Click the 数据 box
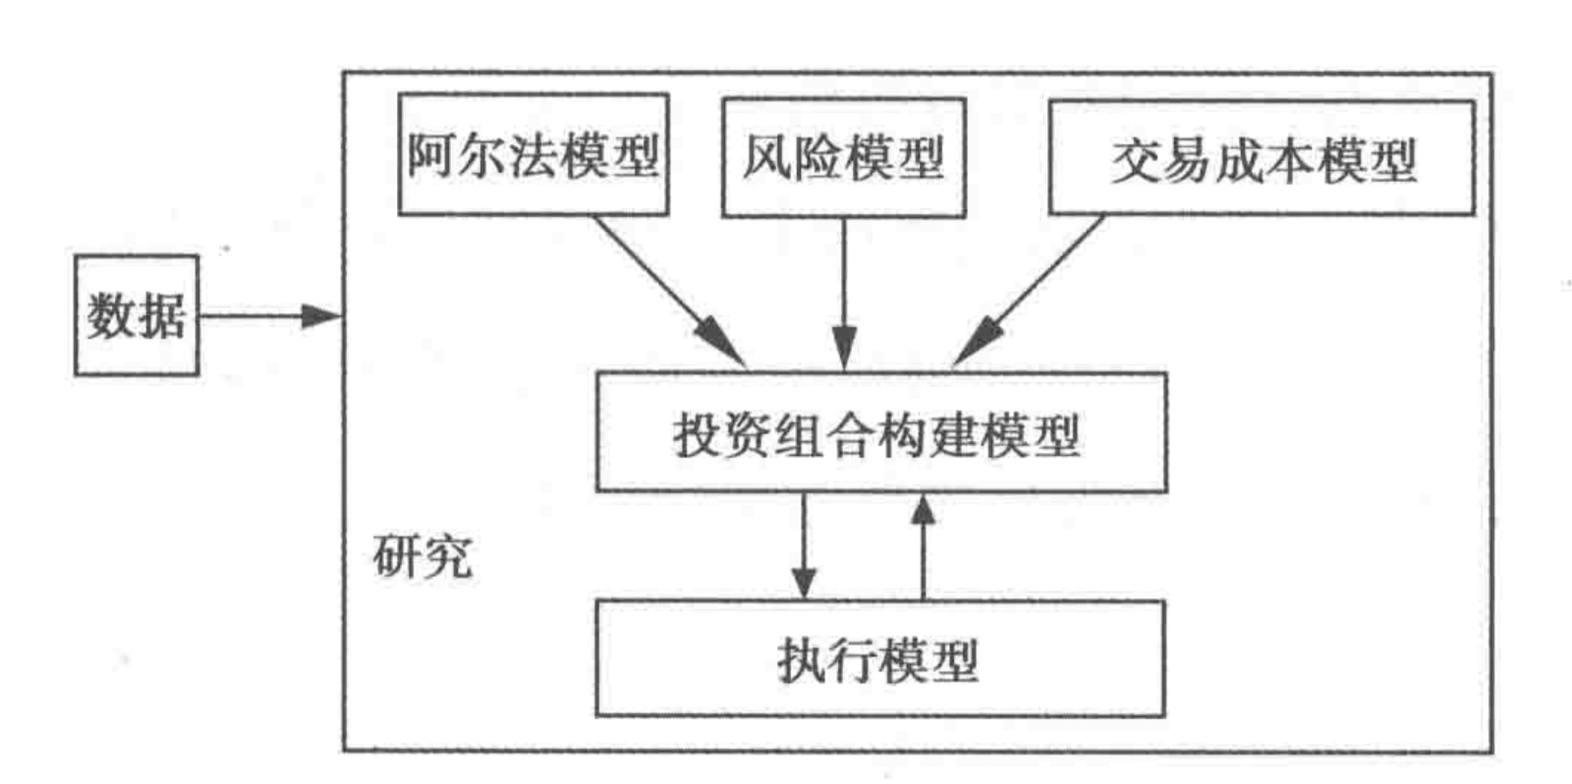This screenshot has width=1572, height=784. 137,315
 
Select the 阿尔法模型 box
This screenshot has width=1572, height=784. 533,155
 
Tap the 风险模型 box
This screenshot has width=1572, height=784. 843,157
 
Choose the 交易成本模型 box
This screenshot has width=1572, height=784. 1262,158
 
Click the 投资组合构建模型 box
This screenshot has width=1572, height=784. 881,432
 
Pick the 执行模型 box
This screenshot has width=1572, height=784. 879,659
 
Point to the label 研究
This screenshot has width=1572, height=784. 422,557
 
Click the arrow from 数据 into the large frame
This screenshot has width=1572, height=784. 270,315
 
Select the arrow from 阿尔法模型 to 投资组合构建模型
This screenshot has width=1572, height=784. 668,291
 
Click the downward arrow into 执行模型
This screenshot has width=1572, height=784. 804,546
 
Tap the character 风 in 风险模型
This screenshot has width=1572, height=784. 766,157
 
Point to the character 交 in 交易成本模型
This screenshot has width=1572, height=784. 1138,160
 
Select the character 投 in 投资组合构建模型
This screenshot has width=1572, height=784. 698,434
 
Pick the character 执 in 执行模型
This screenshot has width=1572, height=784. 802,659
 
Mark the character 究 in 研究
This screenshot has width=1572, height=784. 449,557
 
